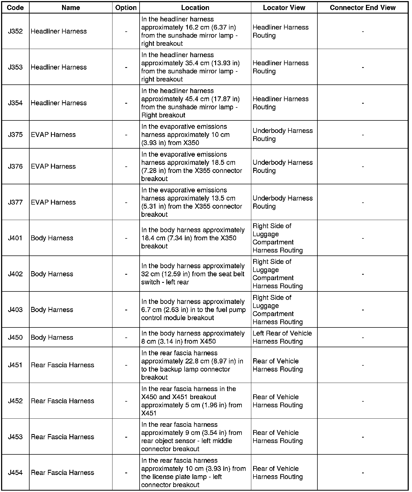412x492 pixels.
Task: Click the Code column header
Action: coord(15,8)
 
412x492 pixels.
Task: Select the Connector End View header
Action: coord(362,8)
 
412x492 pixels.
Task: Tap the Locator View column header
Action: coord(284,8)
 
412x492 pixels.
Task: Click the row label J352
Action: coord(15,31)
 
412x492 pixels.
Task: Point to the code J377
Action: coord(15,202)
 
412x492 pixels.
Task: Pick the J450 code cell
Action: coord(15,337)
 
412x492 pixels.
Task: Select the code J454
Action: coord(15,473)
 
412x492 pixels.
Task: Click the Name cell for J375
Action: coord(53,135)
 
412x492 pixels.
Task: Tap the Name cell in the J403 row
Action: coord(52,310)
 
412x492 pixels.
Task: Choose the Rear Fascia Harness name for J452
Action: coord(62,401)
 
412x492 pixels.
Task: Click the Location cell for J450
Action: coord(193,337)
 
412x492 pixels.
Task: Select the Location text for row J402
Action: coord(193,274)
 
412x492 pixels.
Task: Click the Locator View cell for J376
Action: coord(282,166)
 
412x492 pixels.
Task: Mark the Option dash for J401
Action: coord(126,238)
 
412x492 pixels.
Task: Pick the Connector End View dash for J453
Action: coord(363,437)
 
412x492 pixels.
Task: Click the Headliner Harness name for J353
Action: coord(59,67)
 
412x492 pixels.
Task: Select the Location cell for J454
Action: coord(193,473)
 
